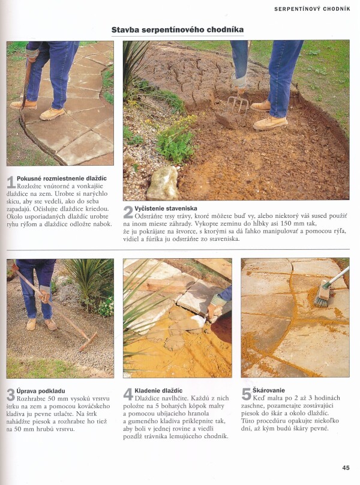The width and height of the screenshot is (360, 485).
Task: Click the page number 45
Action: tap(346, 468)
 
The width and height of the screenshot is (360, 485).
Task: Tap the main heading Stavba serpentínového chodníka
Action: tap(178, 29)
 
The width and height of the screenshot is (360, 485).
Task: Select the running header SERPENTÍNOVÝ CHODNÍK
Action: tap(312, 9)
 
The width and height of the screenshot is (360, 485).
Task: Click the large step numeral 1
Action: tap(11, 182)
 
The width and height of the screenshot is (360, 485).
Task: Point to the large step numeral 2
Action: tap(128, 212)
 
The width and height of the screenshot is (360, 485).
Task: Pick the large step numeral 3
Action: tap(11, 395)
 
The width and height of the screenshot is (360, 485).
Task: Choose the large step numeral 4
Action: tap(128, 394)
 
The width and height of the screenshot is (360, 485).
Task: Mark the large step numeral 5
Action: tap(246, 394)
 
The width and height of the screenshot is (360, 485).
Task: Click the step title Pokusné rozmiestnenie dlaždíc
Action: tap(62, 178)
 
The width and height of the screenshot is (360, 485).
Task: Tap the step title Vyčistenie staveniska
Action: tap(166, 208)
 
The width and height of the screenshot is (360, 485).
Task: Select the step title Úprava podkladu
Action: tap(41, 391)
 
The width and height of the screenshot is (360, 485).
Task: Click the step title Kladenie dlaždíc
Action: tap(158, 391)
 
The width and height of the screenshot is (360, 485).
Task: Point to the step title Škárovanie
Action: tap(268, 390)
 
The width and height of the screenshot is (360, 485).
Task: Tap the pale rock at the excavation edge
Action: tap(163, 183)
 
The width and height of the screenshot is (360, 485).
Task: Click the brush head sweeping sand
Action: tap(322, 293)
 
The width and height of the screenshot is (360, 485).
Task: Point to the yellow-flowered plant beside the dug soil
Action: tap(176, 139)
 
